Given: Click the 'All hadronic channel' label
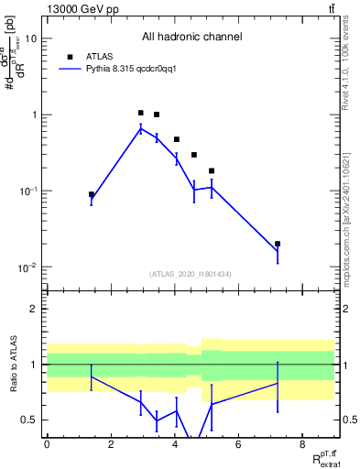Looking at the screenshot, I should pyautogui.click(x=191, y=38).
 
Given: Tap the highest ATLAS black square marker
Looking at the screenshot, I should pyautogui.click(x=140, y=113).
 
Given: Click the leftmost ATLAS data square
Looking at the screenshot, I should pyautogui.click(x=92, y=194).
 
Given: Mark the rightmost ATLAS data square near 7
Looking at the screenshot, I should pyautogui.click(x=278, y=245).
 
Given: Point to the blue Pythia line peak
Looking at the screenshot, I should pyautogui.click(x=140, y=129).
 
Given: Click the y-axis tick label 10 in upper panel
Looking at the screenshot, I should pyautogui.click(x=30, y=39).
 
